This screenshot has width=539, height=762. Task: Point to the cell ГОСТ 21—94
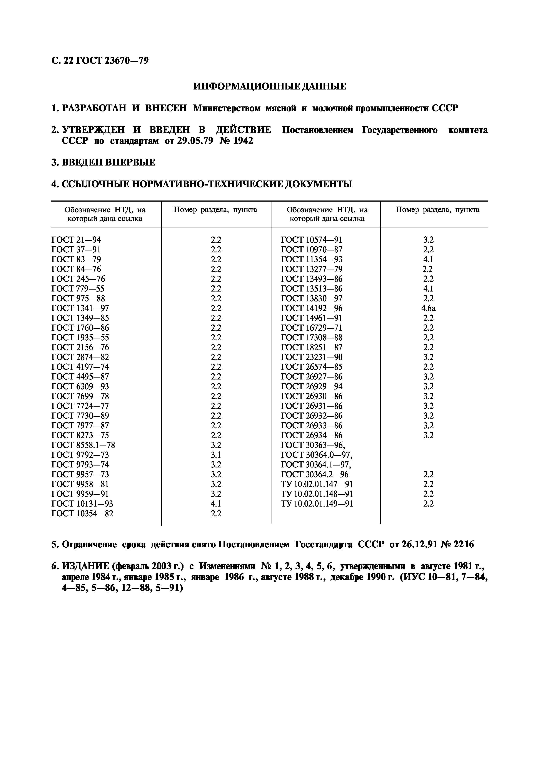[76, 240]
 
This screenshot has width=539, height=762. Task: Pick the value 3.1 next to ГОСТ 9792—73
[216, 455]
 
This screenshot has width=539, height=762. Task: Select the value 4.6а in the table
[428, 308]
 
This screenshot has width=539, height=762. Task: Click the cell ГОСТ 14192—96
[312, 308]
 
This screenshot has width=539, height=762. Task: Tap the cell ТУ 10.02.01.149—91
[317, 504]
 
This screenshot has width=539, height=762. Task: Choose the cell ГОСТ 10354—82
[82, 514]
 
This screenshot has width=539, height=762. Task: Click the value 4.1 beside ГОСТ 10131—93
[216, 504]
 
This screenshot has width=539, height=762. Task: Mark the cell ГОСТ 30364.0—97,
[317, 455]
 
